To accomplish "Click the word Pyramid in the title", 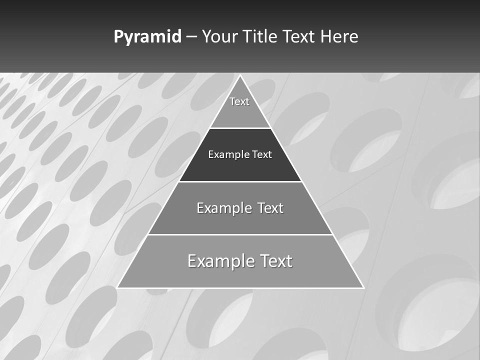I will (x=147, y=37).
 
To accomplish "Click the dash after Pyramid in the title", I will (x=191, y=37).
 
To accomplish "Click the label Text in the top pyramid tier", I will (x=239, y=101).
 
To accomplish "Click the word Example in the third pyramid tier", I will (x=220, y=208).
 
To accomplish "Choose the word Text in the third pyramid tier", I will (x=267, y=208).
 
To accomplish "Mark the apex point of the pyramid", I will (x=240, y=76).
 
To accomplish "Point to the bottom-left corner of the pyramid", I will (x=117, y=287).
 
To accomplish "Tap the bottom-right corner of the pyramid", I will (x=363, y=287).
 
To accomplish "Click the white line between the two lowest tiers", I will (x=240, y=234).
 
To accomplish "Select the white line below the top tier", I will (x=240, y=128).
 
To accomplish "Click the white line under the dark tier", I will (x=240, y=181).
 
